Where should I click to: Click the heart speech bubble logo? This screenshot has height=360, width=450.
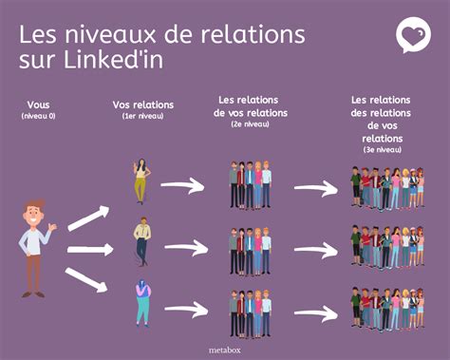point(413,35)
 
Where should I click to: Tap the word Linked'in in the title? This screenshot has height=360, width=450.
point(114,59)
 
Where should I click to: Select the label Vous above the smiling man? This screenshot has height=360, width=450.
point(38,104)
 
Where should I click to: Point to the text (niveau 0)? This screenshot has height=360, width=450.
point(38,116)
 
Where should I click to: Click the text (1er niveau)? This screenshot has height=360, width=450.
point(143,116)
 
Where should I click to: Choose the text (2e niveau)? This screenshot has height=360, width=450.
point(251,124)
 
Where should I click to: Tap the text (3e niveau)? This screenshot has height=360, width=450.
point(383,149)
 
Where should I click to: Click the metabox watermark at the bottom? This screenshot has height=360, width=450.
point(225,351)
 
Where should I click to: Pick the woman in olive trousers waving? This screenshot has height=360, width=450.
point(141,180)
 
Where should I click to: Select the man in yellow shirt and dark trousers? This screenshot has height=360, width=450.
point(142,241)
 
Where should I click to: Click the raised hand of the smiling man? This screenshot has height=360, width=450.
point(52,227)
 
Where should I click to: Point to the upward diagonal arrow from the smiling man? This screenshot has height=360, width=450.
point(88,218)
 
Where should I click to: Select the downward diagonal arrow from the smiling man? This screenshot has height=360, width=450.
point(86,280)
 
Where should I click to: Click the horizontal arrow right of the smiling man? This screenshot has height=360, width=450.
point(90,250)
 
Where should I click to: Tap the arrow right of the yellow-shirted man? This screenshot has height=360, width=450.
point(186,247)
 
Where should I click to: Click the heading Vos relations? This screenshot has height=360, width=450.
point(143,104)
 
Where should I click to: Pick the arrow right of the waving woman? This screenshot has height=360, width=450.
point(182,185)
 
